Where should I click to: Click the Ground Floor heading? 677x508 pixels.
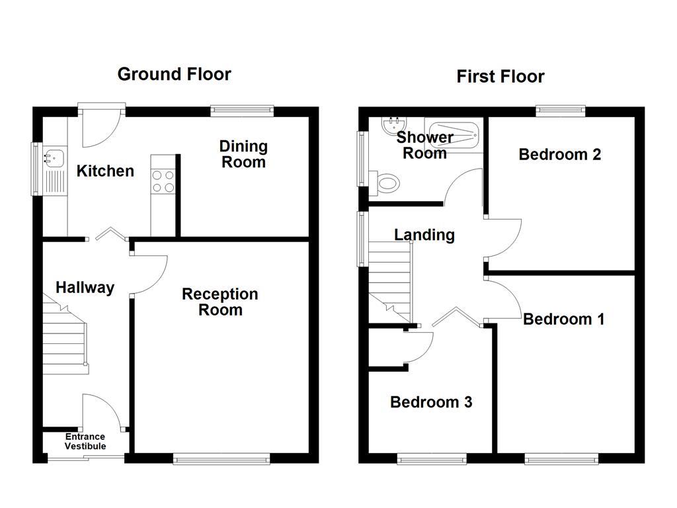174,74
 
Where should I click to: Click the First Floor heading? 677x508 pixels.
500,77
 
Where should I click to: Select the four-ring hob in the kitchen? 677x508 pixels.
163,181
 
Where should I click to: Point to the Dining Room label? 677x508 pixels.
243,154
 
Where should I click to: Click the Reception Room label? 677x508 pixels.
220,302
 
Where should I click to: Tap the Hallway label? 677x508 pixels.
85,288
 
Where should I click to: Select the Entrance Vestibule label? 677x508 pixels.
85,441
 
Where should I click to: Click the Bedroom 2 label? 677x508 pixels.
559,155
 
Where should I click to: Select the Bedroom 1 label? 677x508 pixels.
563,319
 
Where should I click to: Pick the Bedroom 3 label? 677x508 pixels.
431,402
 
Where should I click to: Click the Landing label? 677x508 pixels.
424,235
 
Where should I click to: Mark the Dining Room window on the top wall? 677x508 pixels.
242,110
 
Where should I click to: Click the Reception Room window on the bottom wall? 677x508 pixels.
221,458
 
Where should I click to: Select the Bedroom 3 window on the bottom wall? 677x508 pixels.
431,458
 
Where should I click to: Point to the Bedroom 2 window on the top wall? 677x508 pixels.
560,110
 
